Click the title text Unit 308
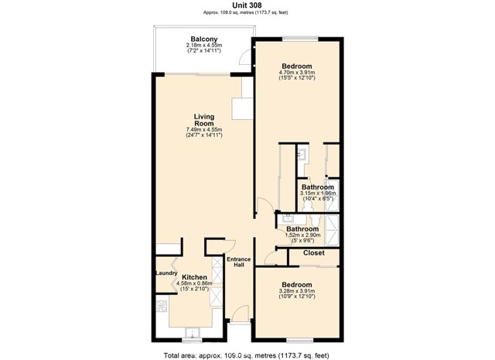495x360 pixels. pyautogui.click(x=247, y=5)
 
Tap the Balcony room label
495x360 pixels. pyautogui.click(x=203, y=39)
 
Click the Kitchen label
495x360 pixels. pyautogui.click(x=194, y=276)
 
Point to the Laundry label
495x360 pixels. pyautogui.click(x=166, y=273)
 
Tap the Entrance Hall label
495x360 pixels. pyautogui.click(x=235, y=262)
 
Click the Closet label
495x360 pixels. pyautogui.click(x=313, y=253)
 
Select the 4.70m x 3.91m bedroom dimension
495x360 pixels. pyautogui.click(x=298, y=74)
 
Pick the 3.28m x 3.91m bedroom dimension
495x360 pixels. pyautogui.click(x=298, y=292)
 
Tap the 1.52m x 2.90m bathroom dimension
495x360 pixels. pyautogui.click(x=302, y=235)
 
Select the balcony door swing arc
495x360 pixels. pyautogui.click(x=246, y=57)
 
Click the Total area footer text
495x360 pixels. pyautogui.click(x=247, y=355)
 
